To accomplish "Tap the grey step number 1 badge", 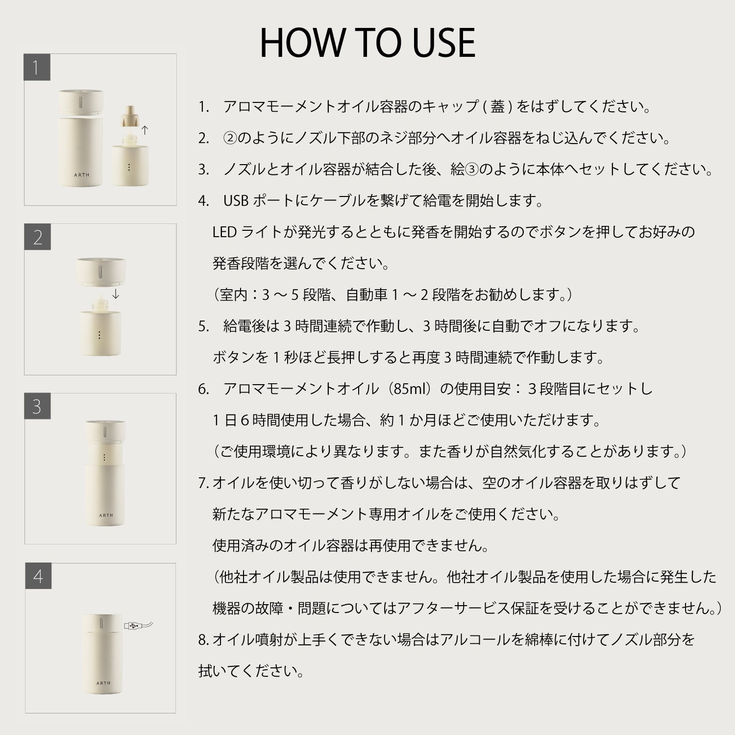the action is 37,67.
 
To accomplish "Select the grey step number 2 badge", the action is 38,237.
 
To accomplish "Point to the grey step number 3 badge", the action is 38,406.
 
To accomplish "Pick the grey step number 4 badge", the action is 38,576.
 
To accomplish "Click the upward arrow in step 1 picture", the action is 145,130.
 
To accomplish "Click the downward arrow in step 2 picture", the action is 116,294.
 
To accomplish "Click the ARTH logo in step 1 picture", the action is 82,175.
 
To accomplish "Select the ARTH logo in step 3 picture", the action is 106,515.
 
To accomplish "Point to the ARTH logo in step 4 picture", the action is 103,683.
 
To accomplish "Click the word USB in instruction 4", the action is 236,200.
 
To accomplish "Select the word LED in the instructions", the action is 224,232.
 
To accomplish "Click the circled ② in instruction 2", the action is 230,138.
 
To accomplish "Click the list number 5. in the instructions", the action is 204,326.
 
